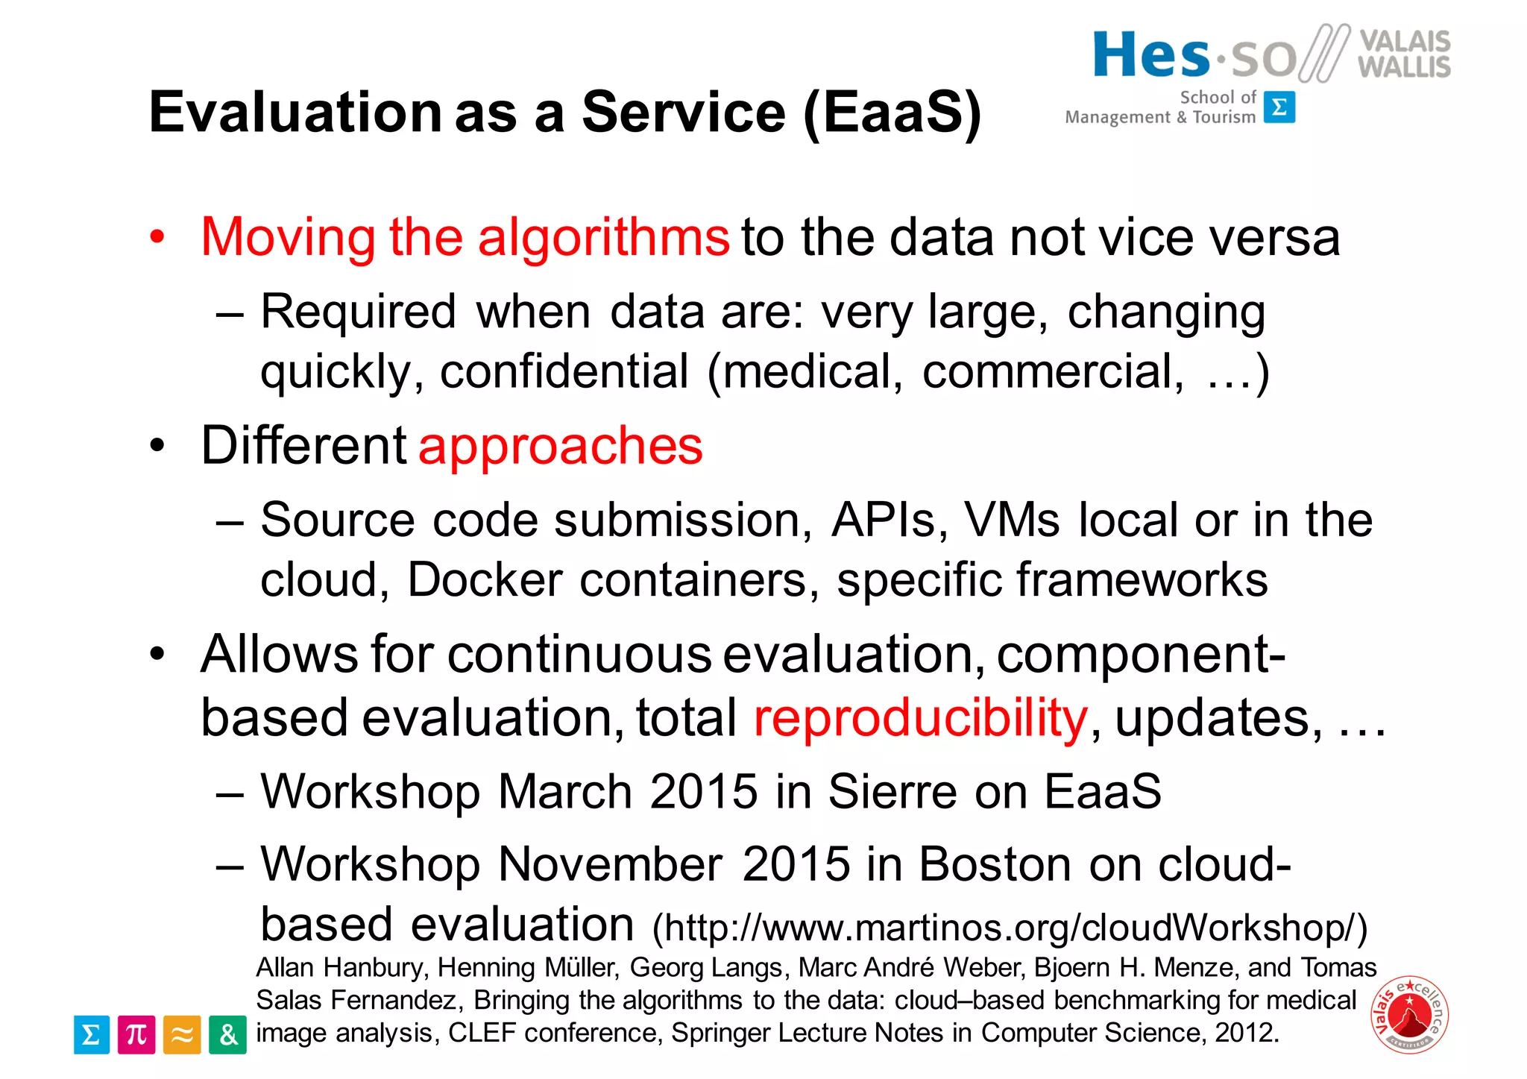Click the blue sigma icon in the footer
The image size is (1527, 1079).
pos(92,1034)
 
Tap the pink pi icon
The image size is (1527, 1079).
pos(136,1034)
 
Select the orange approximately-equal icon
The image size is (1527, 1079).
pos(182,1034)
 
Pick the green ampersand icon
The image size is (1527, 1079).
pos(227,1034)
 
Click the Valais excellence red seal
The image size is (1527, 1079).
pos(1409,1015)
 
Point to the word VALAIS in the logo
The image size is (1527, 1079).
pos(1405,40)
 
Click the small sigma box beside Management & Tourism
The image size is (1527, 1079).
pos(1279,107)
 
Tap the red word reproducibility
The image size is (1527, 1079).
pos(920,717)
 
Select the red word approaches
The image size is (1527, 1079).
pos(560,446)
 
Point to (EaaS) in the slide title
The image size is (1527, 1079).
pos(892,113)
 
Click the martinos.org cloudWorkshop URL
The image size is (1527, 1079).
pos(1010,928)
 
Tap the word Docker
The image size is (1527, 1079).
pos(485,579)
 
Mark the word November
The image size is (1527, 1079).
pos(610,864)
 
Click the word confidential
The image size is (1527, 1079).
pos(564,371)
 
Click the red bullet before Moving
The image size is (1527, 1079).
pos(157,238)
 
